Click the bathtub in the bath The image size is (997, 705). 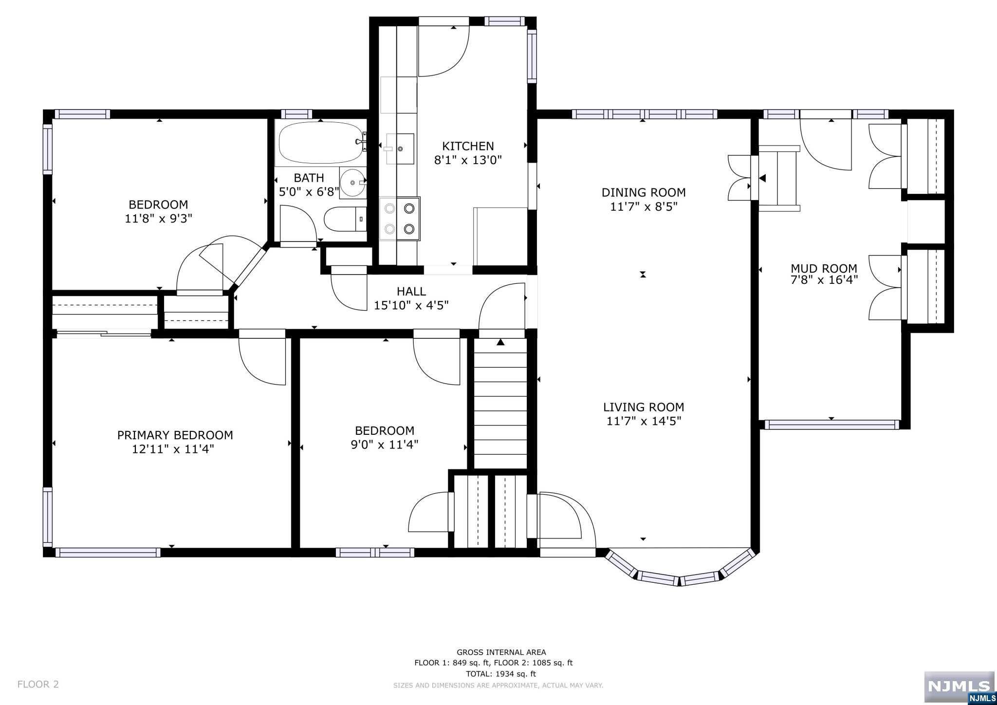click(x=320, y=143)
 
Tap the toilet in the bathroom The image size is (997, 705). click(x=345, y=220)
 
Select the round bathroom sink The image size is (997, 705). click(x=352, y=183)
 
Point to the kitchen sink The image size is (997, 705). click(x=399, y=148)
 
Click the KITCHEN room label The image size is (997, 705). click(x=468, y=146)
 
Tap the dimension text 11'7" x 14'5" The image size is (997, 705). click(x=644, y=421)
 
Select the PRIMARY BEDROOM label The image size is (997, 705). click(x=175, y=435)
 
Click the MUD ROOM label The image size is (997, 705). click(x=824, y=268)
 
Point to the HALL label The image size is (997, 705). click(x=411, y=292)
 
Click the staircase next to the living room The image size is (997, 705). click(x=500, y=404)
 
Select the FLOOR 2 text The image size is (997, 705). click(x=38, y=684)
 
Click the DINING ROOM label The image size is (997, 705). click(x=644, y=192)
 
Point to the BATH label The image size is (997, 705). click(x=309, y=178)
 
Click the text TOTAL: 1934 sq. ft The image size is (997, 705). click(x=501, y=674)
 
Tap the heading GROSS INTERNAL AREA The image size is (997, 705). click(x=501, y=652)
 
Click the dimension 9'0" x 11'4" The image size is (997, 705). click(x=385, y=445)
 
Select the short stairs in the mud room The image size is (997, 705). click(x=779, y=178)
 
